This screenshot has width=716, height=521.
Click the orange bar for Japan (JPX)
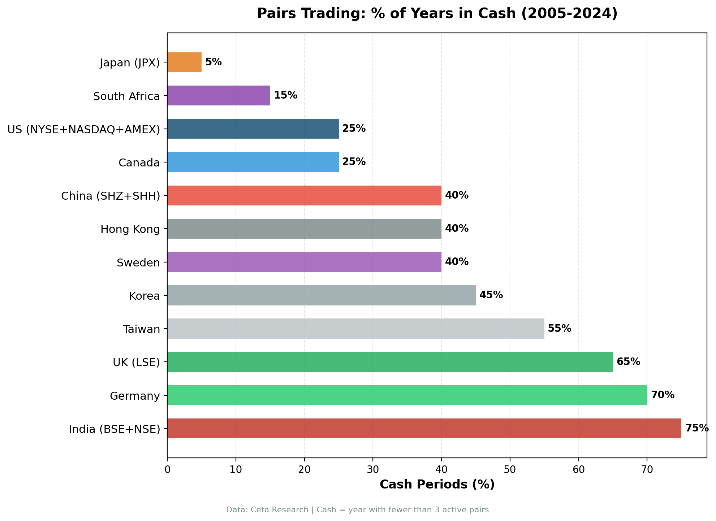[184, 62]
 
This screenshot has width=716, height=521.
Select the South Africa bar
[219, 95]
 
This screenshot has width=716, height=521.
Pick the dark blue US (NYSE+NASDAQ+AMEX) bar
[253, 129]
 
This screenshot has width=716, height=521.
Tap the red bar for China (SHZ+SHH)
[304, 195]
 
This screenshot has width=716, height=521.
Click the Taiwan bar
[355, 329]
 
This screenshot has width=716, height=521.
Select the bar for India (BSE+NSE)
[424, 428]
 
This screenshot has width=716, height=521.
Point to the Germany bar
[407, 395]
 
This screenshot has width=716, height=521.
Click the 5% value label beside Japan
[213, 62]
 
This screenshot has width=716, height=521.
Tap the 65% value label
[628, 362]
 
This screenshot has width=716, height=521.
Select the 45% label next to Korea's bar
[491, 295]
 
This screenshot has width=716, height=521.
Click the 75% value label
[697, 428]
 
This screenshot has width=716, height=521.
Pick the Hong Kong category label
[130, 229]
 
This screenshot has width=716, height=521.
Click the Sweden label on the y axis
[138, 262]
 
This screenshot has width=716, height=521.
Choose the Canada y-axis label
[139, 163]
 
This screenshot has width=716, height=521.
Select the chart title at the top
[437, 14]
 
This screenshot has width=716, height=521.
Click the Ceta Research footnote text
[357, 510]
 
